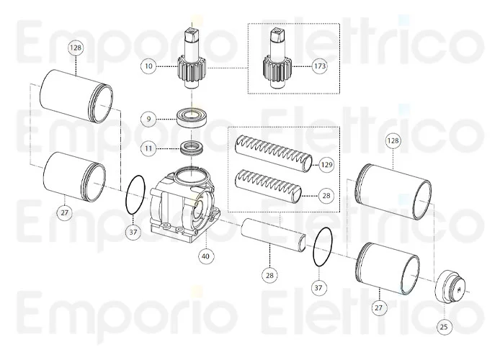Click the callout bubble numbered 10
148,66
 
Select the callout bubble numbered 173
320,66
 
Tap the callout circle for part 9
148,117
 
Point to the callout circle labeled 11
148,148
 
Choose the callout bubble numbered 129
327,165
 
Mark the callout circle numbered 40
206,255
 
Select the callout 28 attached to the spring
327,194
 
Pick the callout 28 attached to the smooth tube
269,274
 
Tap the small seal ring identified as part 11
191,149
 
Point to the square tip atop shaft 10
192,32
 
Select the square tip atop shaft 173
276,35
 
